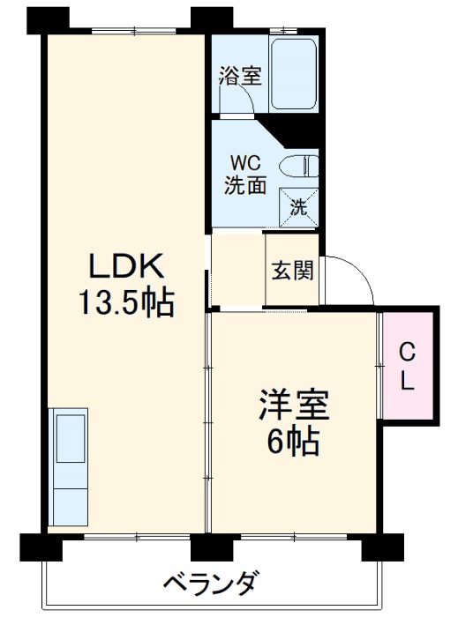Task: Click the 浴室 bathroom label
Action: (x=239, y=76)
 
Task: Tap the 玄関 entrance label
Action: (x=291, y=270)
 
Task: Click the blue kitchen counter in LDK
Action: (x=68, y=465)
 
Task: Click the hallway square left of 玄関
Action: (x=237, y=269)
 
